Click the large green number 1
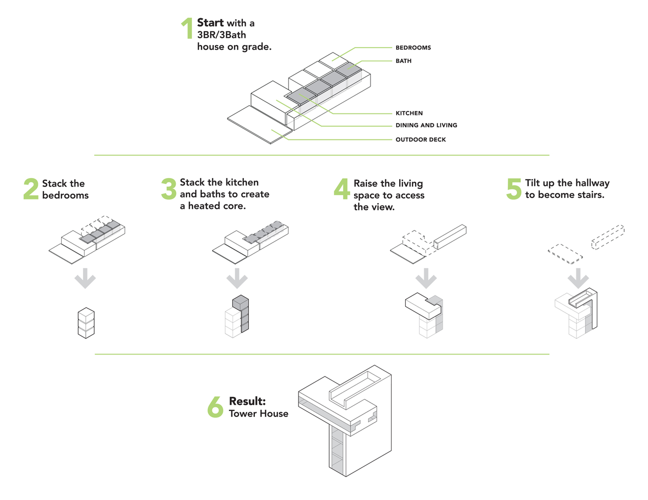click(x=187, y=28)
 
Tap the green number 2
click(x=31, y=189)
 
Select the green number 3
click(x=169, y=189)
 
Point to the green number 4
click(x=342, y=189)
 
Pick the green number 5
click(x=514, y=189)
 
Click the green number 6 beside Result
click(x=215, y=407)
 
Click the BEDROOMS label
click(x=413, y=47)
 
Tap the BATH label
click(x=404, y=61)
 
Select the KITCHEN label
click(x=409, y=113)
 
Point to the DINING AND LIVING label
click(x=426, y=125)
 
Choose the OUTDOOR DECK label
click(x=421, y=139)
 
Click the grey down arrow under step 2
click(x=85, y=278)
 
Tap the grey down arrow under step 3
click(x=237, y=278)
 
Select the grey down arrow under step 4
click(x=426, y=278)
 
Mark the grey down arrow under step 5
click(x=578, y=278)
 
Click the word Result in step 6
click(x=247, y=401)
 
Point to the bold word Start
click(x=210, y=23)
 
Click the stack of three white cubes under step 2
click(x=86, y=323)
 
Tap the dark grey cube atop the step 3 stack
click(x=241, y=303)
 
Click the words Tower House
click(x=258, y=414)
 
